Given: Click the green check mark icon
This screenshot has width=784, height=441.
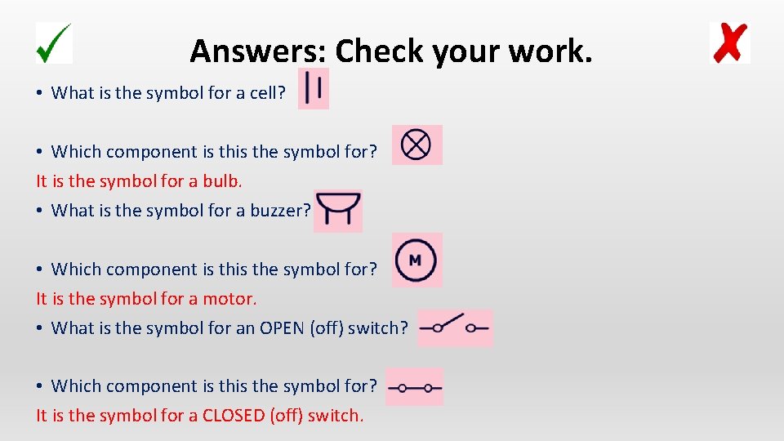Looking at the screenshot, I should pos(54,42).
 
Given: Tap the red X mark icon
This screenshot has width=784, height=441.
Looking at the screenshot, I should pos(730,43).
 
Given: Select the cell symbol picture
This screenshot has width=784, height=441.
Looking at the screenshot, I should pos(314,88).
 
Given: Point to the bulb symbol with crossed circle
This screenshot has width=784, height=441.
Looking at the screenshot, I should pos(416,145).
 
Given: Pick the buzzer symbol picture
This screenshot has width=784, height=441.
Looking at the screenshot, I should pos(337,211).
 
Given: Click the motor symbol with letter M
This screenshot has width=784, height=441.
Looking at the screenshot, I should pos(416,261).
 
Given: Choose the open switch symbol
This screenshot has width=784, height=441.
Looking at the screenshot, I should pos(455,327).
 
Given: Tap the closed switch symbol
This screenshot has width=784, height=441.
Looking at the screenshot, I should pos(414,387).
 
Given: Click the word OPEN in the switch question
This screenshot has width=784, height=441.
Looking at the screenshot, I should pos(283,328).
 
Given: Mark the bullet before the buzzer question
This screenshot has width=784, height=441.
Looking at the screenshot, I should pos(39,211).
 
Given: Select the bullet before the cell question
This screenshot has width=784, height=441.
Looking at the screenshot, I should pos(39,93).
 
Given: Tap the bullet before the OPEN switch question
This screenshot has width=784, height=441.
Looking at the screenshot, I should pos(39,328).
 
